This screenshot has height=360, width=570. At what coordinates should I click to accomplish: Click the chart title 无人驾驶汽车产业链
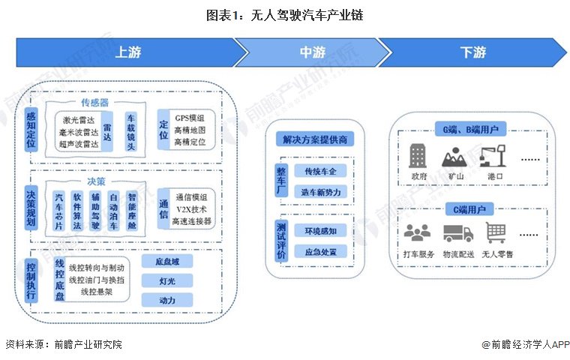pos(284,14)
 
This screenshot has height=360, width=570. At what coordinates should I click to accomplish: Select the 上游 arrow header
pos(127,52)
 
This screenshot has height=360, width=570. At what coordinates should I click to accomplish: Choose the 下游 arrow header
pos(472,52)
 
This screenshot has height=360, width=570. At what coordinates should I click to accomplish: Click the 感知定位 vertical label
pos(31,129)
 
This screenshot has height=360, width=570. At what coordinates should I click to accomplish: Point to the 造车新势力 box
pos(319,192)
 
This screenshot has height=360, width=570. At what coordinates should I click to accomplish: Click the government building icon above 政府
pos(417,156)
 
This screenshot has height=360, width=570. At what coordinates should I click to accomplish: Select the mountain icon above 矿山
pos(455,157)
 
